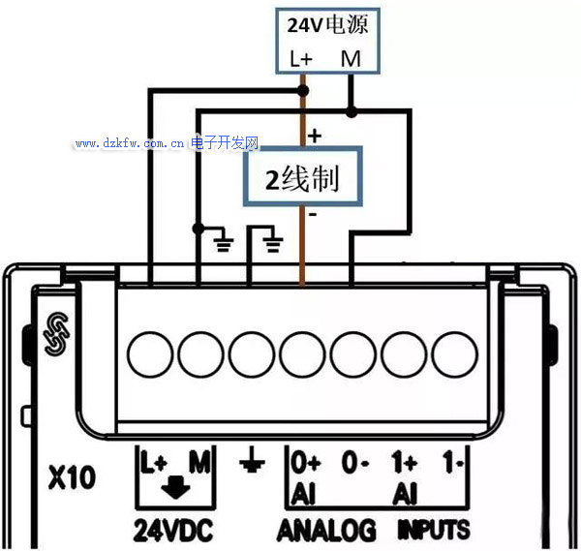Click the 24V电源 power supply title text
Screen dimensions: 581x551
[327, 24]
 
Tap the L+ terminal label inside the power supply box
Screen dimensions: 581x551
[301, 59]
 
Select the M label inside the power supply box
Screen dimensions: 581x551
[351, 59]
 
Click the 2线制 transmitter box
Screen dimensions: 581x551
[302, 176]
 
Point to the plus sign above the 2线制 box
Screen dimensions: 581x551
[315, 136]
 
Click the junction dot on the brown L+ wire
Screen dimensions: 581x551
[303, 90]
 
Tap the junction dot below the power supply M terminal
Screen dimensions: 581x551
[351, 111]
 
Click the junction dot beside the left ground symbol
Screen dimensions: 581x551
[199, 229]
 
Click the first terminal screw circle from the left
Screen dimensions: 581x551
[150, 354]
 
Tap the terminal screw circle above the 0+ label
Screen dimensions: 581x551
[302, 354]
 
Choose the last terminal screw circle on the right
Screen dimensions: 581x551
[455, 354]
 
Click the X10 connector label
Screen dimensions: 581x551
[72, 477]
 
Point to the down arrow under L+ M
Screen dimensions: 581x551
[175, 487]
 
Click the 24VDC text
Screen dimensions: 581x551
[173, 531]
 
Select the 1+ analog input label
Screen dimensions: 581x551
[404, 462]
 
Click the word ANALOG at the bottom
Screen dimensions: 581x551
[326, 531]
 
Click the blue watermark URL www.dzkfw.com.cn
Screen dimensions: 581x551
[130, 143]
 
